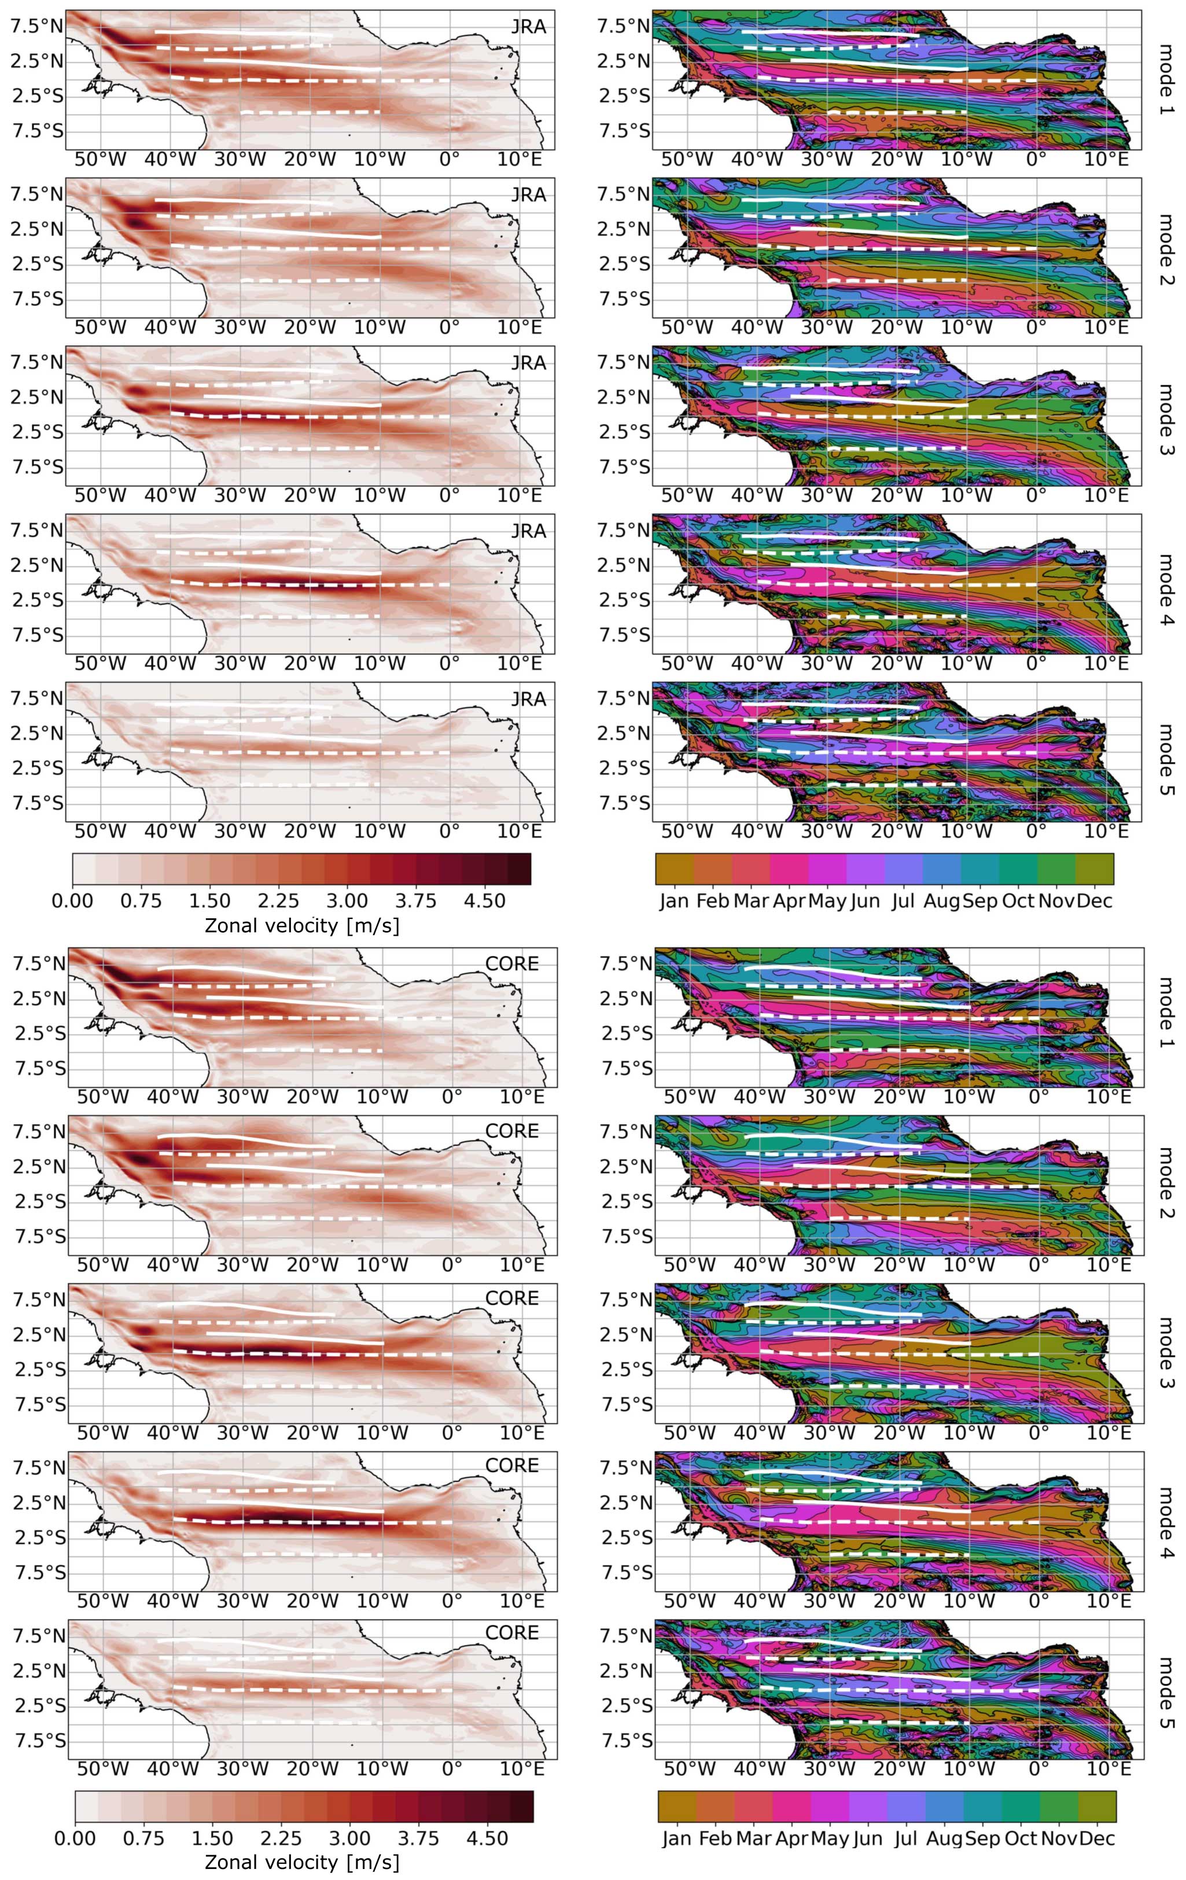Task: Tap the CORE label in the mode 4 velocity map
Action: [x=511, y=1466]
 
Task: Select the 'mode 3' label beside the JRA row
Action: [x=1163, y=420]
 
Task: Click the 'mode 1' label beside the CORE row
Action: [x=1163, y=1013]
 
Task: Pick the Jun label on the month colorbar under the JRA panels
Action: [x=865, y=901]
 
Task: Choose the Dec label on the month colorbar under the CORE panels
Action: [x=1097, y=1838]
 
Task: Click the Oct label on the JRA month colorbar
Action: [x=1018, y=901]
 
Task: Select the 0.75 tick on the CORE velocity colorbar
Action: [x=143, y=1838]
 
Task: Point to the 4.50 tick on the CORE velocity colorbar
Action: [x=487, y=1838]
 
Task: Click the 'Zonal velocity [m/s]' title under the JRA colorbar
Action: [x=301, y=926]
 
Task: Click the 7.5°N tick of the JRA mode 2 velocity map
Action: [x=36, y=194]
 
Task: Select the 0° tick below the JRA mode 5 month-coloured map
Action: [x=1036, y=831]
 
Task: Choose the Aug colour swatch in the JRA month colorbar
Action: [x=942, y=869]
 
